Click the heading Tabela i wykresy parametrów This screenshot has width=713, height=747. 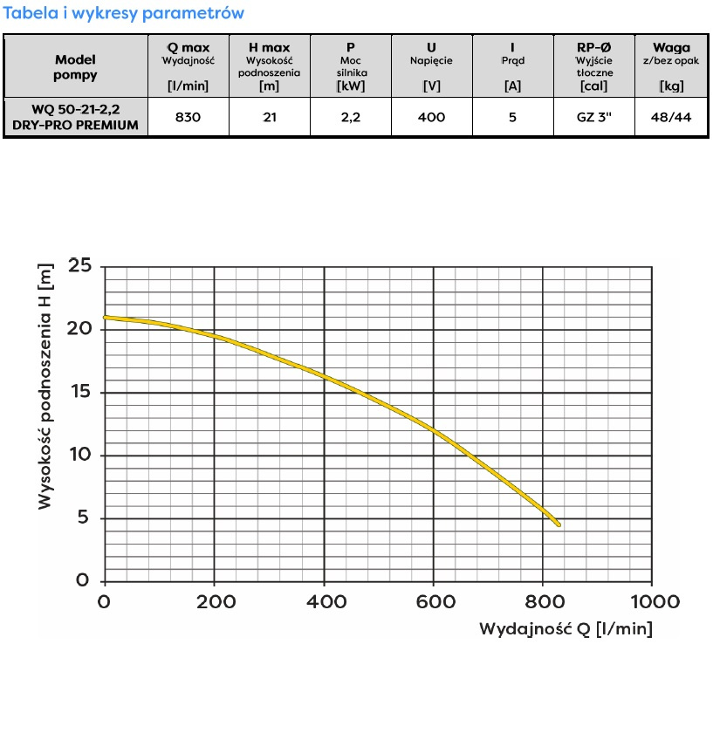tap(124, 13)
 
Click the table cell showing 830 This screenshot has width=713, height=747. tap(189, 117)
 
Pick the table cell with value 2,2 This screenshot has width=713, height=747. tap(351, 117)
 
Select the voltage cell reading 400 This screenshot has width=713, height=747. tap(431, 117)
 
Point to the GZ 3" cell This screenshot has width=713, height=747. tap(593, 117)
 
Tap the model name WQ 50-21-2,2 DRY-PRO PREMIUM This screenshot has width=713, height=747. tap(76, 117)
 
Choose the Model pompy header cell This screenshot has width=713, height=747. tap(76, 67)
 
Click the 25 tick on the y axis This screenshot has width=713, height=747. tap(79, 265)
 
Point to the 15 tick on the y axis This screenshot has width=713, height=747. tap(79, 392)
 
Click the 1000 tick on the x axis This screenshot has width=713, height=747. tap(653, 602)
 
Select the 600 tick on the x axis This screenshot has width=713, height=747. tap(434, 602)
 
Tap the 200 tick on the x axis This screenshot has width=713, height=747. tap(214, 602)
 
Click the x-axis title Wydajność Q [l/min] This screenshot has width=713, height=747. tap(566, 628)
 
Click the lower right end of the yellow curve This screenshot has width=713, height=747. tap(557, 524)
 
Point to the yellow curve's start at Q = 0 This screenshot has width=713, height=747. tap(106, 318)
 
